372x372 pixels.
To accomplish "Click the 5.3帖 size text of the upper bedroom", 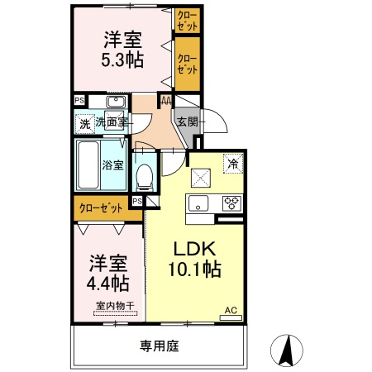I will tap(121, 60).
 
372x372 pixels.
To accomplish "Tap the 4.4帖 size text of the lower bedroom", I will tap(108, 283).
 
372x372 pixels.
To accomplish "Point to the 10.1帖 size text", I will tap(195, 269).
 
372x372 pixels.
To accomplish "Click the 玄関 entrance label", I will tap(186, 122).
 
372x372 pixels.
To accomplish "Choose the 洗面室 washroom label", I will tap(111, 123).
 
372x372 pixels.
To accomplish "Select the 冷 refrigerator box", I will tap(234, 163).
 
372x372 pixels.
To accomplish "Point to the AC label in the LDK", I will tap(231, 311).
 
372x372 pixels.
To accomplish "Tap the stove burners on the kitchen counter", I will tap(229, 203).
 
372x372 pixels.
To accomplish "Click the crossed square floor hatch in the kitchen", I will tap(201, 176).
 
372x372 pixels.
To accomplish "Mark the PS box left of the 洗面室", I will tap(79, 101).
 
